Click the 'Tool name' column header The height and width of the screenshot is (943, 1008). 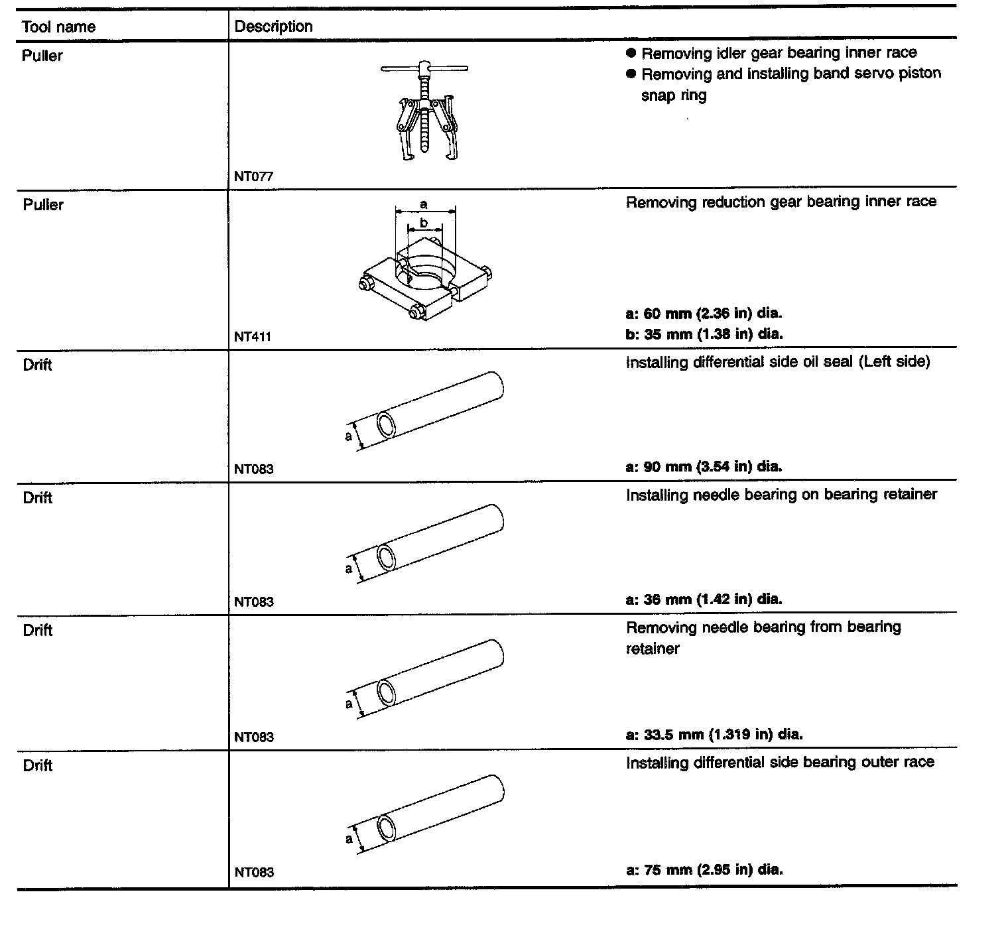[x=58, y=27]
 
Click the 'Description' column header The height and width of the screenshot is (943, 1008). [x=273, y=27]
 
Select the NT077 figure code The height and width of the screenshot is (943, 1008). [x=253, y=176]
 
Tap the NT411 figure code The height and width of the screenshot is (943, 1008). [x=253, y=336]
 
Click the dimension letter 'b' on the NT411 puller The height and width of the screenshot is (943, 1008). [x=424, y=223]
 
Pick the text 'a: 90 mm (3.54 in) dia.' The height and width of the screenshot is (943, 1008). [x=704, y=466]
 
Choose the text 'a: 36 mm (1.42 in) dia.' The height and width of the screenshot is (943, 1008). [x=704, y=599]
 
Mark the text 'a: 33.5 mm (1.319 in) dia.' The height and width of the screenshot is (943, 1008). [x=714, y=734]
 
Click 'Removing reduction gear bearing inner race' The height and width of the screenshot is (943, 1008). [x=781, y=202]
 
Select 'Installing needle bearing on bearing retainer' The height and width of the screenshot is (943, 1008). [x=781, y=494]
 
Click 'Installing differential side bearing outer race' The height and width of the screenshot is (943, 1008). [x=780, y=763]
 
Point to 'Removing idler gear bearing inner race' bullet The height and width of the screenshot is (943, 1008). [x=779, y=53]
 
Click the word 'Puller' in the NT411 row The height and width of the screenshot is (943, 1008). [x=43, y=205]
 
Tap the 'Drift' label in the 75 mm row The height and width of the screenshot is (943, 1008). [x=37, y=766]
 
